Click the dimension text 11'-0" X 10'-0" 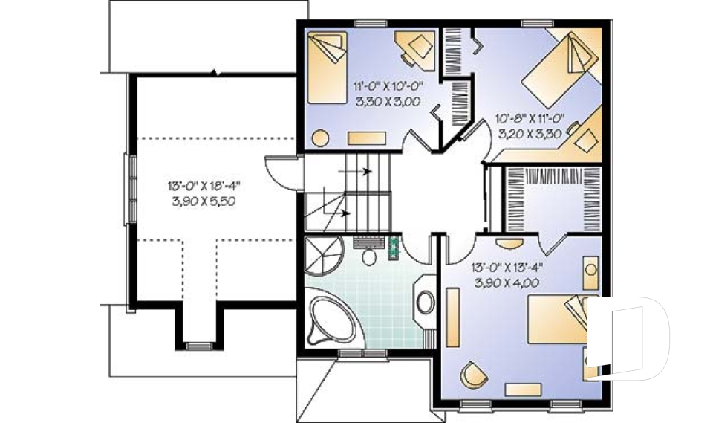tap(384, 86)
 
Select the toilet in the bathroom tap(368, 255)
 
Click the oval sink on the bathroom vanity tap(425, 302)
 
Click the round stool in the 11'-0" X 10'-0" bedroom tap(320, 138)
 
